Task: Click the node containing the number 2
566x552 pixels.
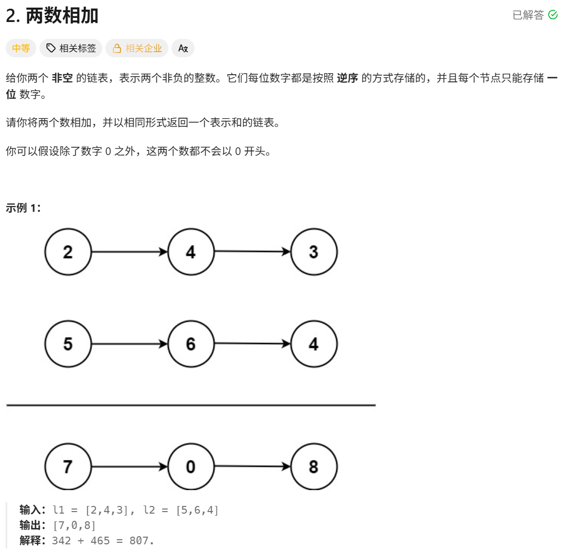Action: (x=68, y=252)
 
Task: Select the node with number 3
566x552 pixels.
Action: (x=314, y=252)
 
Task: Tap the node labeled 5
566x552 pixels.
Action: (x=68, y=344)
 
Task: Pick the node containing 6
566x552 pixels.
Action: (x=191, y=344)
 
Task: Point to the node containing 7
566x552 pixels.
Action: (x=68, y=467)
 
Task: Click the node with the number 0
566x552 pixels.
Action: (x=191, y=467)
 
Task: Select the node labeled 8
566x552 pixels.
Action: (x=314, y=467)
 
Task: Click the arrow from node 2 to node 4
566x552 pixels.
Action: (x=129, y=252)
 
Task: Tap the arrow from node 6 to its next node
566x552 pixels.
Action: (x=252, y=344)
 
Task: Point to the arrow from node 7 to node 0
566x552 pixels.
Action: (x=129, y=467)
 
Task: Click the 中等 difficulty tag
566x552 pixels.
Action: (x=21, y=49)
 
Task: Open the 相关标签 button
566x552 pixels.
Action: (x=71, y=49)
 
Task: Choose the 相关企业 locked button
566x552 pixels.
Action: (x=137, y=49)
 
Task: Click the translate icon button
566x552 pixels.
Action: (x=183, y=49)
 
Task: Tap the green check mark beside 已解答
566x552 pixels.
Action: (x=553, y=15)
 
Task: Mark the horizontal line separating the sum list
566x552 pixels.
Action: (x=191, y=405)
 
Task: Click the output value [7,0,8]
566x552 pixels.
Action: (x=74, y=525)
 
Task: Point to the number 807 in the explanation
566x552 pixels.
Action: (x=141, y=540)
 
